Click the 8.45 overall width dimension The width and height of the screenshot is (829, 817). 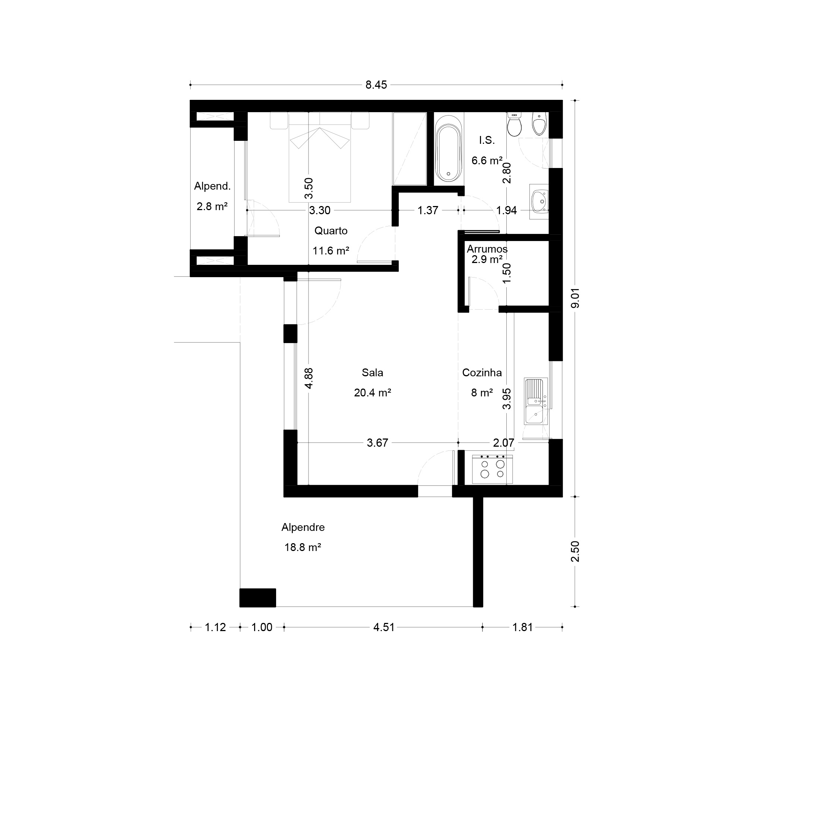(376, 85)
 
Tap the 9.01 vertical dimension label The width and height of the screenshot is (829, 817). (575, 298)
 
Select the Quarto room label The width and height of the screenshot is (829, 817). (331, 231)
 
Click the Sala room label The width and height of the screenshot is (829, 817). (373, 373)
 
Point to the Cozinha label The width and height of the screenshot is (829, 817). (482, 373)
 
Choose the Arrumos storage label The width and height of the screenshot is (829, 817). (487, 249)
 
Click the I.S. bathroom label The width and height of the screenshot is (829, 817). (487, 140)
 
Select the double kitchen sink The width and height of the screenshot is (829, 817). (535, 401)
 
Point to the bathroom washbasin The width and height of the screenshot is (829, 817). (539, 202)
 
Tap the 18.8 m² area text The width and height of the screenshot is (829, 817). (303, 547)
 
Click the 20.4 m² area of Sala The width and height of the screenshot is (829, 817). (373, 393)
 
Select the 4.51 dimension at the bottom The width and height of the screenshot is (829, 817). (384, 627)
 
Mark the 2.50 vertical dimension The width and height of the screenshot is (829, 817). (575, 551)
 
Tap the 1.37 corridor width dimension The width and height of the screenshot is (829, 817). (428, 210)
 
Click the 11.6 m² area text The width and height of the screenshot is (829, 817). (331, 251)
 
